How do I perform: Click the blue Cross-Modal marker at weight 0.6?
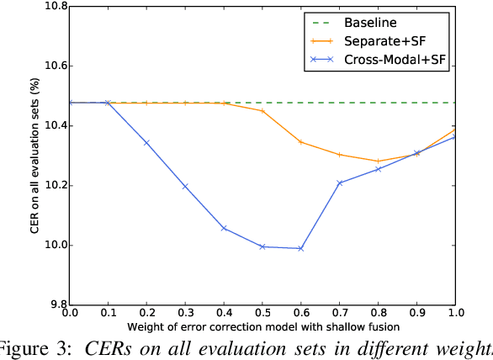[x=300, y=248]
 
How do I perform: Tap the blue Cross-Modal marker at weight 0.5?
[x=262, y=246]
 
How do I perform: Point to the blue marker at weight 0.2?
[x=146, y=143]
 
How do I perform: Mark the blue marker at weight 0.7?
[x=340, y=183]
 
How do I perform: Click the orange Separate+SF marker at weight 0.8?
[x=378, y=161]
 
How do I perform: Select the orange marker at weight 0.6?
[x=300, y=142]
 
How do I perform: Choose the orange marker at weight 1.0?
[x=455, y=130]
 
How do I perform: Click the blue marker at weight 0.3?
[x=184, y=186]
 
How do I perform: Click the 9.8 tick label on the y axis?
[x=49, y=305]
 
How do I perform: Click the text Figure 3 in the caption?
[x=34, y=349]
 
